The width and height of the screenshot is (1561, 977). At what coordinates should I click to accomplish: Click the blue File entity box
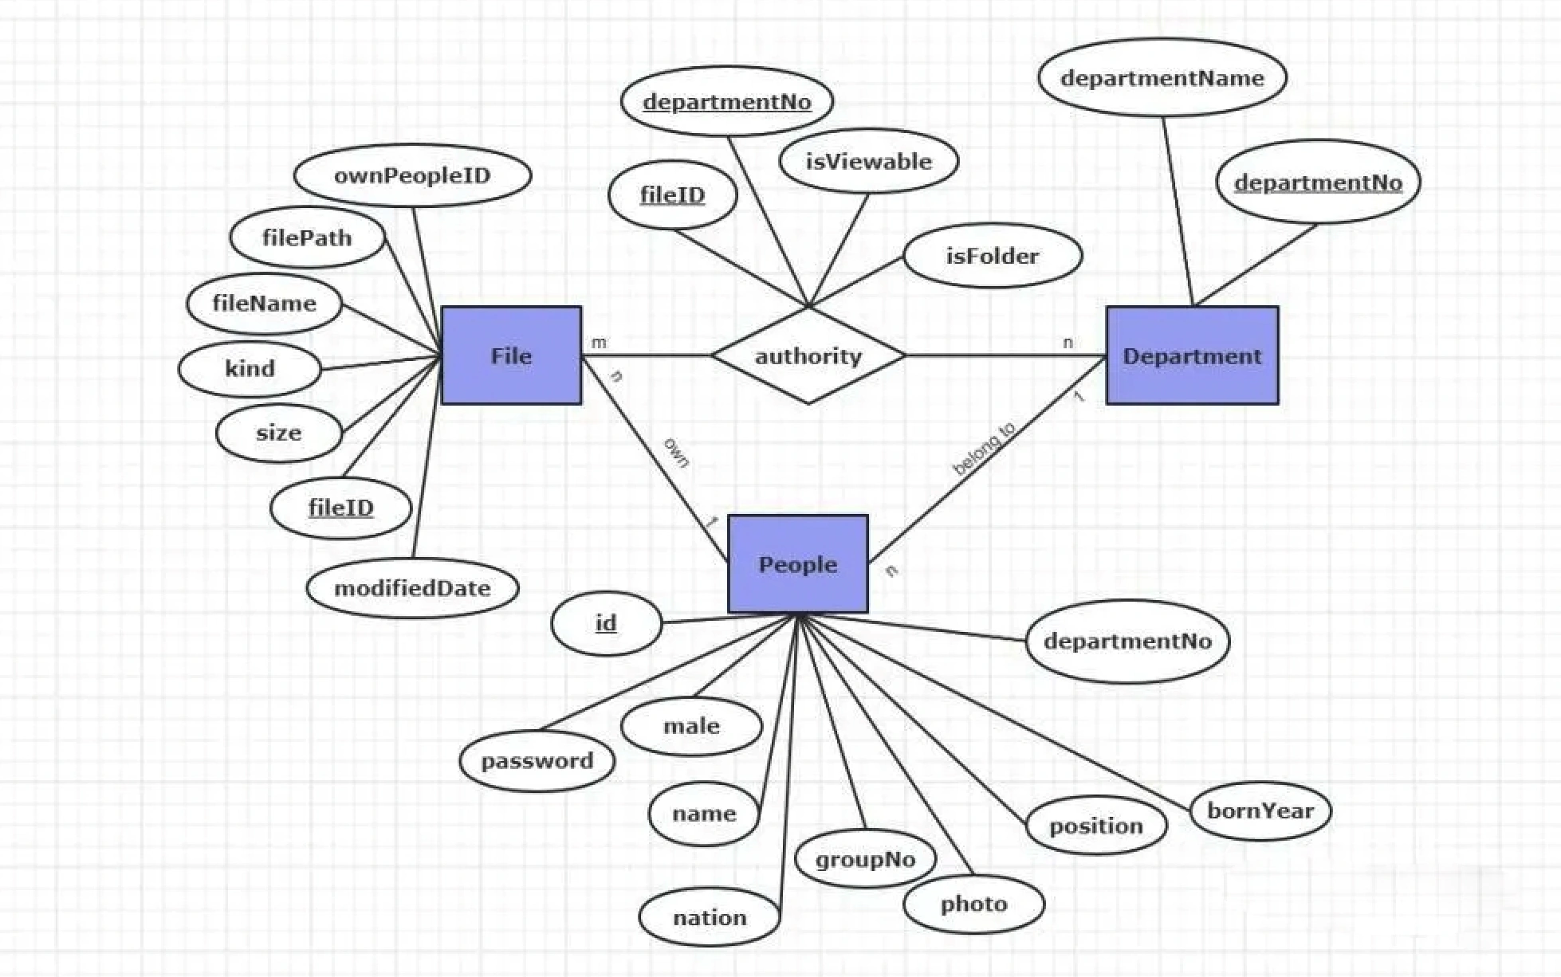511,355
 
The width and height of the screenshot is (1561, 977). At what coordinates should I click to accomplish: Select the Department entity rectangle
1192,355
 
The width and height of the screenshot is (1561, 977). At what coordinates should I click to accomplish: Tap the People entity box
797,564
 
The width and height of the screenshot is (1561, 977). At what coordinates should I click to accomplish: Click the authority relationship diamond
808,355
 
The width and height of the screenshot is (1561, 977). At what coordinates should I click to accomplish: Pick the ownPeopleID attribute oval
412,175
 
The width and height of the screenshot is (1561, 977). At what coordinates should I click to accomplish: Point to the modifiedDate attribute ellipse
412,588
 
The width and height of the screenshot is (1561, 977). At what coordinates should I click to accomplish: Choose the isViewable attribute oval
868,161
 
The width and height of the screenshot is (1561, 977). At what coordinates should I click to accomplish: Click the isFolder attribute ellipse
992,256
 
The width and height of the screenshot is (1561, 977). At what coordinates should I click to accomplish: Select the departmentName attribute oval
1162,78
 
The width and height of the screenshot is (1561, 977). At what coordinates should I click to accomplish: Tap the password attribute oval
537,760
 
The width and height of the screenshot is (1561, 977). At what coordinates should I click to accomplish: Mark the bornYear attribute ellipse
1260,810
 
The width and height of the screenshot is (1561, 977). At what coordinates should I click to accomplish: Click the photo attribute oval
973,904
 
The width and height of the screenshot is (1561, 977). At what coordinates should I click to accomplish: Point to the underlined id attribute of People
606,622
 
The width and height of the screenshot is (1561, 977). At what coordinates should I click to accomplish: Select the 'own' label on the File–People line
676,452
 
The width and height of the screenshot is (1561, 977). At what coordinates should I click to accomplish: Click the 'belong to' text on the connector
984,449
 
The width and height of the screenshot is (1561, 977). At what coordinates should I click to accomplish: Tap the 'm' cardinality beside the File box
599,343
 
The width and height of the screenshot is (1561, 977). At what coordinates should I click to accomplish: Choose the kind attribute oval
250,368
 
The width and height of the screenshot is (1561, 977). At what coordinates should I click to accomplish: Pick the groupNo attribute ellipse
865,859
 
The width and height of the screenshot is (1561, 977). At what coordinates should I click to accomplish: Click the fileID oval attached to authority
672,195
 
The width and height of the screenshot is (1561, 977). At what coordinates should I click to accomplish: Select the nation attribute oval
710,917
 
